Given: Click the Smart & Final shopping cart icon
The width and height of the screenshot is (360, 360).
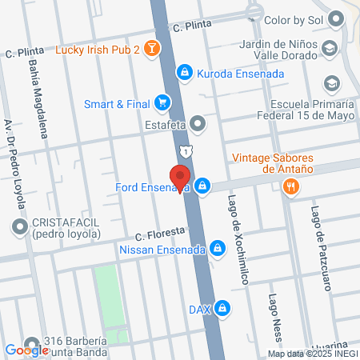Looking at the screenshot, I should point(162,102).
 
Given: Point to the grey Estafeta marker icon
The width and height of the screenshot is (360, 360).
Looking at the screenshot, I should point(198,123).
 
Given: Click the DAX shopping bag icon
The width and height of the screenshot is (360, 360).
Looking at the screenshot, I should point(225,308).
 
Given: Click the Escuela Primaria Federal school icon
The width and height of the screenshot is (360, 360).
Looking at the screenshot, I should point(330,83).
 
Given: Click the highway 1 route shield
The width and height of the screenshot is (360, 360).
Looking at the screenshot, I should point(186,151).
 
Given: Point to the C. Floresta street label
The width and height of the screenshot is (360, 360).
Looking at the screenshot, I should point(160,234).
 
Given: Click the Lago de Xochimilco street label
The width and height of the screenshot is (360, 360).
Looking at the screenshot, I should point(234,240).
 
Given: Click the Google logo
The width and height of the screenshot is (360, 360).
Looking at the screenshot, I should point(27,350).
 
